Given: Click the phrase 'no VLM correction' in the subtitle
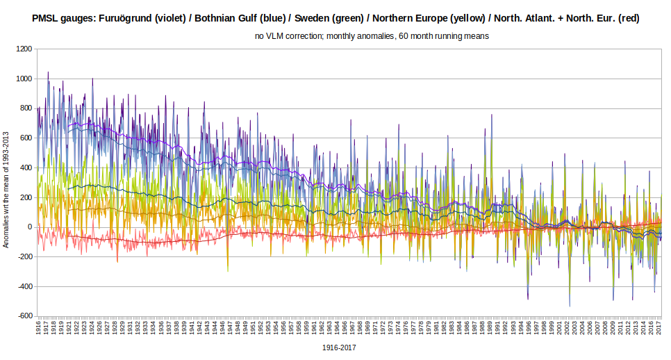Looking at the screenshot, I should click(293, 36).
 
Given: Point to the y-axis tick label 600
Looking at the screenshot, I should click(26, 138).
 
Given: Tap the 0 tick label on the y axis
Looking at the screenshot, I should click(30, 227).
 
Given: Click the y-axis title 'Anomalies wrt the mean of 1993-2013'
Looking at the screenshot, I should click(6, 183).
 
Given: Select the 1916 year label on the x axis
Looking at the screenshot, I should click(39, 328).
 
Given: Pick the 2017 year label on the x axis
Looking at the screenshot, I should click(659, 328).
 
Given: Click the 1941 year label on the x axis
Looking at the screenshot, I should click(192, 328).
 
